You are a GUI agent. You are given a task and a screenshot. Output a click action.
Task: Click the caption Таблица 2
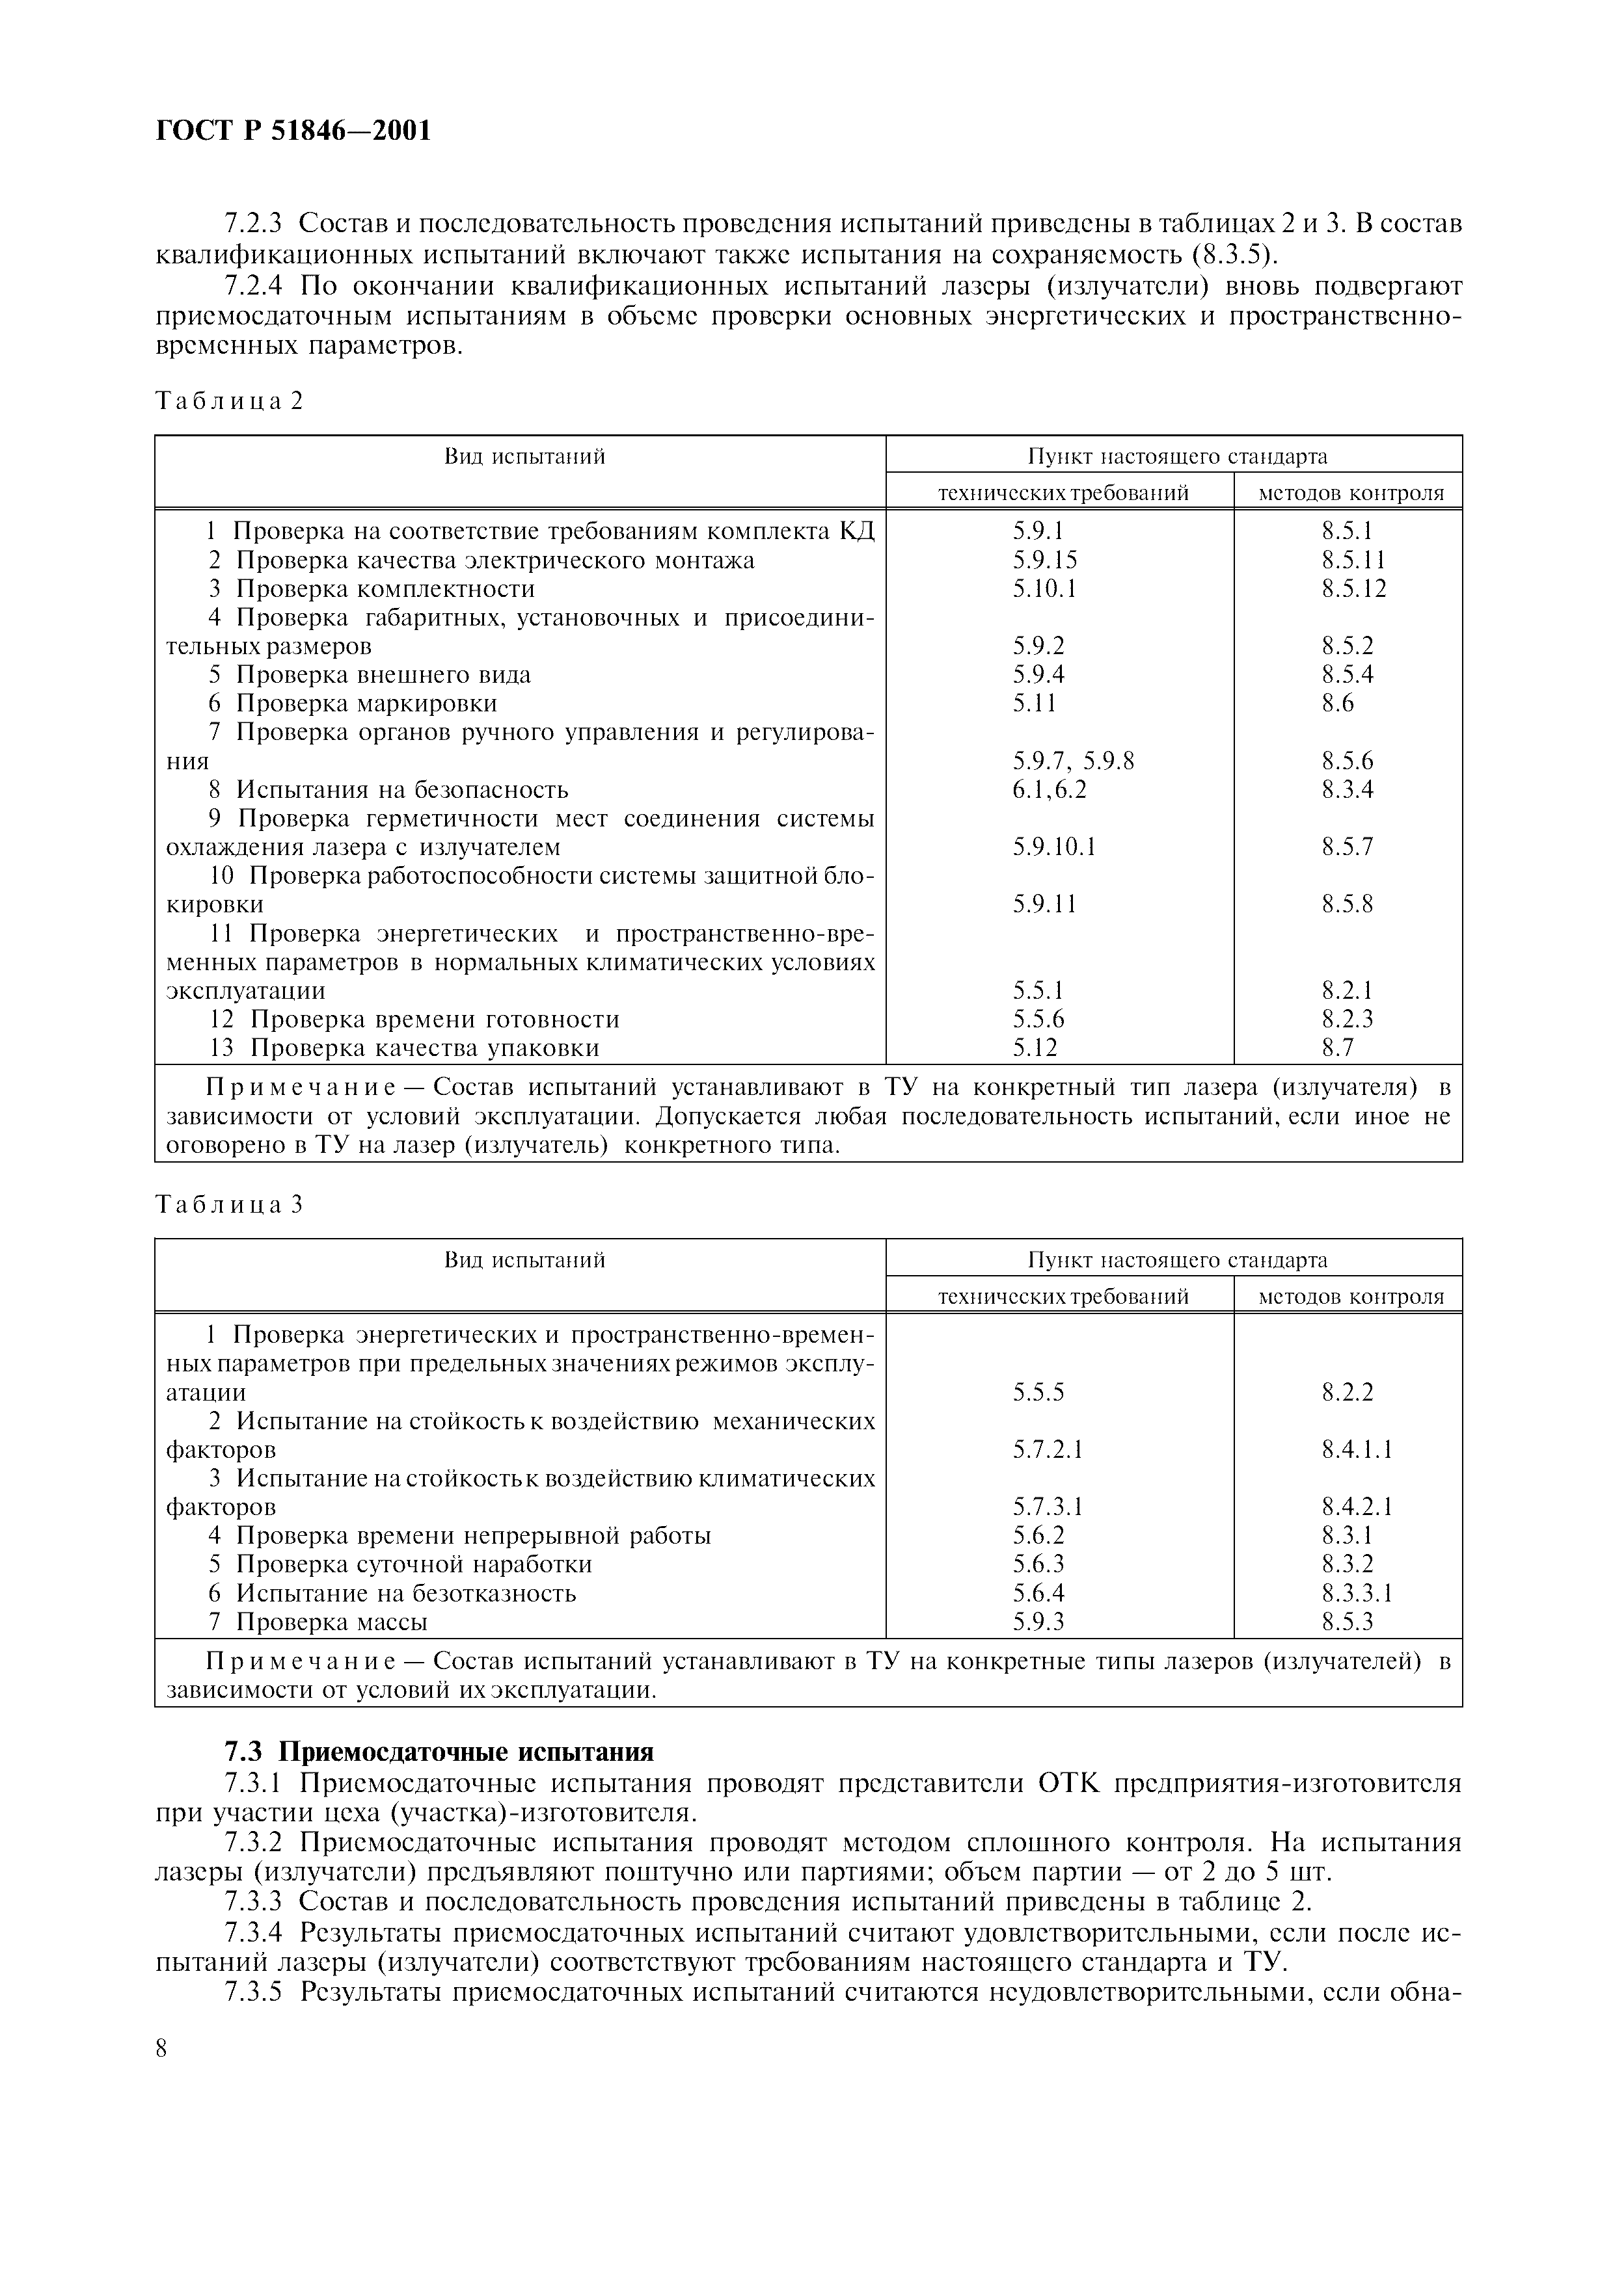pyautogui.click(x=228, y=401)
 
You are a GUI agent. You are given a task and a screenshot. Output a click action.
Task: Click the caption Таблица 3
pyautogui.click(x=228, y=1204)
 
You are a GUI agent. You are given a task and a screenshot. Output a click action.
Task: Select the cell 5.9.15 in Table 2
pyautogui.click(x=1044, y=560)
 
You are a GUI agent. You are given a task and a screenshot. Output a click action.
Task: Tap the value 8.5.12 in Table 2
pyautogui.click(x=1353, y=589)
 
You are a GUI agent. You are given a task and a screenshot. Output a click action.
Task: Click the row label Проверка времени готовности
pyautogui.click(x=434, y=1020)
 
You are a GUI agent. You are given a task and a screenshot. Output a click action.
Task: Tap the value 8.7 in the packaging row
pyautogui.click(x=1338, y=1048)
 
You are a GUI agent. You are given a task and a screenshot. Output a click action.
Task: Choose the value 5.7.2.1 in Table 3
pyautogui.click(x=1048, y=1449)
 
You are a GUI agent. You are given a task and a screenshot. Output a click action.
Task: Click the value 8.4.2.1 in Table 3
pyautogui.click(x=1357, y=1507)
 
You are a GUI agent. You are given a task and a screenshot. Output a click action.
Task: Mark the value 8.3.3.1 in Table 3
pyautogui.click(x=1357, y=1594)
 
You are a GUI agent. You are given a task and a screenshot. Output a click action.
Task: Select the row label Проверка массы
pyautogui.click(x=331, y=1622)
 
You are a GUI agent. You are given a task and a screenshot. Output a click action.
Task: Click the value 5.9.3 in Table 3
pyautogui.click(x=1038, y=1622)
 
